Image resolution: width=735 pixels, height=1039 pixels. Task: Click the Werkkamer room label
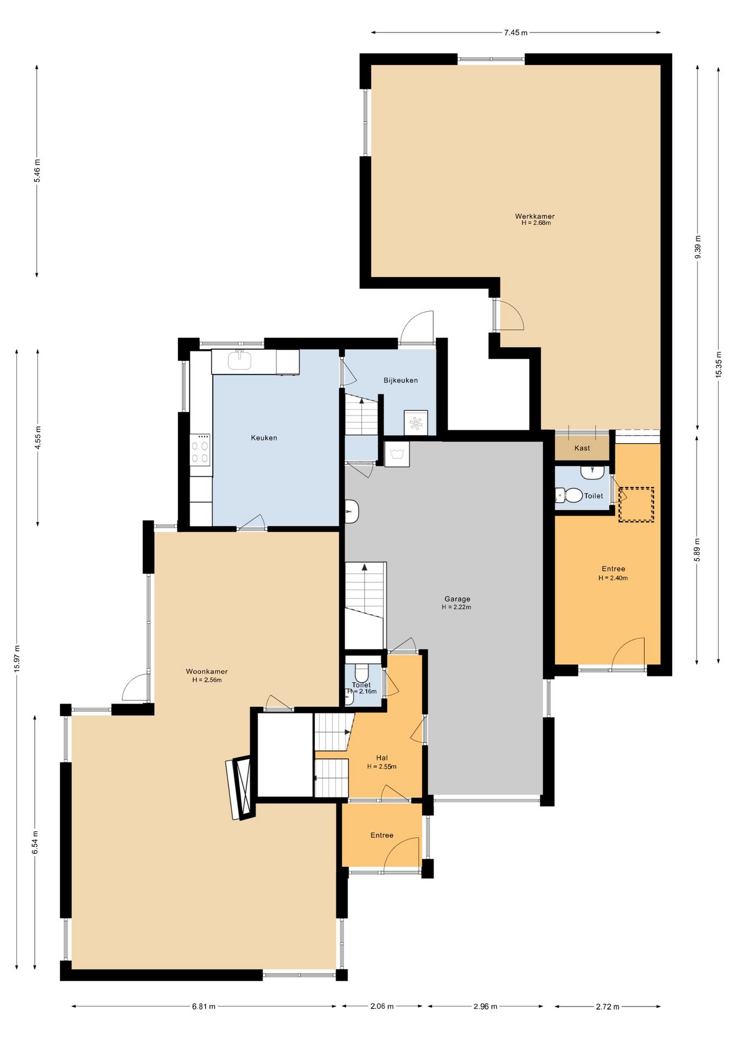[x=535, y=216]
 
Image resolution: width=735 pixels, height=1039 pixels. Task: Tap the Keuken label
[x=264, y=438]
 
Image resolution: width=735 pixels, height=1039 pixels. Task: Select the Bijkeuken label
[x=401, y=380]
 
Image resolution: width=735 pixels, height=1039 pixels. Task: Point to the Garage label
[x=457, y=599]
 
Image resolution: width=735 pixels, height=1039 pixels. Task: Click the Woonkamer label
[x=207, y=672]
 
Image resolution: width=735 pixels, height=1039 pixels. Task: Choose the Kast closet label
[x=582, y=448]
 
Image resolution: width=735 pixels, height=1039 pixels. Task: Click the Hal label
[x=382, y=758]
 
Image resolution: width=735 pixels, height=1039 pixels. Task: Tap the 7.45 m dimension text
[x=516, y=32]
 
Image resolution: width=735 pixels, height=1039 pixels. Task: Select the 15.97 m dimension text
[x=17, y=659]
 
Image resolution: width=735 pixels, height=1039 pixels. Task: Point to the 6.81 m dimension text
[x=204, y=1007]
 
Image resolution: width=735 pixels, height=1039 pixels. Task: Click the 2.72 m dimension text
[x=607, y=1007]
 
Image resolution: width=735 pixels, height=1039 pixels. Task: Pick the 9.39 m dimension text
[x=698, y=247]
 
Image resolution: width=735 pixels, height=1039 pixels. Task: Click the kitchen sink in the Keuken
[x=239, y=360]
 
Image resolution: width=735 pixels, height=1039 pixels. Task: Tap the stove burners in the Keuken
[x=200, y=449]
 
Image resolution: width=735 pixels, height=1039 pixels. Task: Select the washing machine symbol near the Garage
[x=397, y=453]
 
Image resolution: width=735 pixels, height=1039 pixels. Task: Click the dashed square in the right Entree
[x=636, y=504]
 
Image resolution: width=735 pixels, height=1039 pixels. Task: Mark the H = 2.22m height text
[x=456, y=607]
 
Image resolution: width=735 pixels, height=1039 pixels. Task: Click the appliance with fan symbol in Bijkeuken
[x=416, y=423]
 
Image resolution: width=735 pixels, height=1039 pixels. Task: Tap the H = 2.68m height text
[x=536, y=223]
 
